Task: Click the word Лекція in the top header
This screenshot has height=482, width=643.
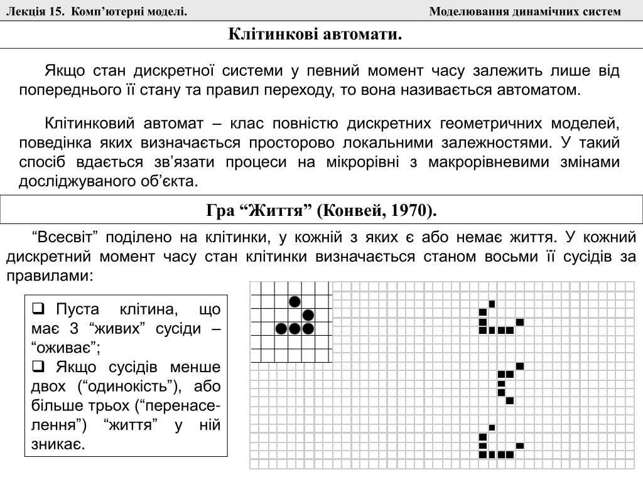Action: [23, 12]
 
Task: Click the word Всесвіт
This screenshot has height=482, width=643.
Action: [66, 238]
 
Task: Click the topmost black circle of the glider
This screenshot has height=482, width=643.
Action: [294, 301]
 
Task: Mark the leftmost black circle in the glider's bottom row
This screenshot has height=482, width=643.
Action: [281, 328]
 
